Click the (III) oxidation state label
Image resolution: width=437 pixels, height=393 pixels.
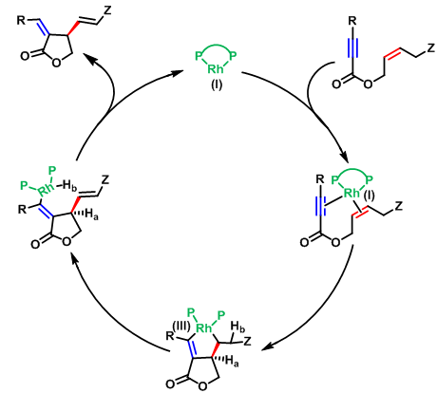tap(181, 326)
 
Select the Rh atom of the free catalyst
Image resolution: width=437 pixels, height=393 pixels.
tap(216, 68)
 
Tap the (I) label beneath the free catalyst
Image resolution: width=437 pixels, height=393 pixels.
tap(217, 84)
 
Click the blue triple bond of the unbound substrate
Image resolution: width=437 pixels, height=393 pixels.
tap(351, 47)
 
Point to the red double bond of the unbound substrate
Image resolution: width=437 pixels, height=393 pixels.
tap(392, 54)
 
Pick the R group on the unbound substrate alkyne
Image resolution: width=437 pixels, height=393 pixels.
tap(351, 21)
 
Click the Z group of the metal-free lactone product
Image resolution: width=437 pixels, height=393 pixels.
tap(107, 10)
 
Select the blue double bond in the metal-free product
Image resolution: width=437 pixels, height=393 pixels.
tap(45, 28)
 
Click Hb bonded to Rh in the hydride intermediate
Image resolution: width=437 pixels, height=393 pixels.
tap(69, 185)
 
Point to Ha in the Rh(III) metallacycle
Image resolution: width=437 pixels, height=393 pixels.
tap(232, 362)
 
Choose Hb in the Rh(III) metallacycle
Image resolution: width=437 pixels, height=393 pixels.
tap(237, 327)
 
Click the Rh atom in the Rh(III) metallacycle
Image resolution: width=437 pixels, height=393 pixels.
tap(203, 328)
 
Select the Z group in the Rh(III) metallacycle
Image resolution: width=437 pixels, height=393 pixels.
tap(247, 341)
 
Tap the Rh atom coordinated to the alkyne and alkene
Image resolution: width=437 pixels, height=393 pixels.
tap(351, 193)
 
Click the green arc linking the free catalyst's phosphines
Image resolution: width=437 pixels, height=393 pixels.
tap(216, 47)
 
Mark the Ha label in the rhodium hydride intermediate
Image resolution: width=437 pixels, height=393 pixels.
tap(91, 215)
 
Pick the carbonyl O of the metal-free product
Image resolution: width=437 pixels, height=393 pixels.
tap(25, 56)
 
